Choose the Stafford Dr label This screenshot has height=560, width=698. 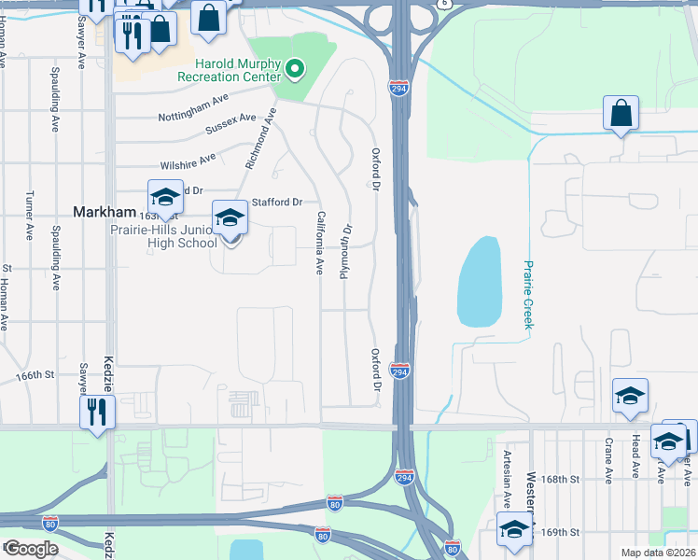(x=278, y=202)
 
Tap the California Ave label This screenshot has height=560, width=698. (x=320, y=243)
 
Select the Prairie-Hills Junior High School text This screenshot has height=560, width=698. (x=164, y=237)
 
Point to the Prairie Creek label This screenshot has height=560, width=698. (x=527, y=294)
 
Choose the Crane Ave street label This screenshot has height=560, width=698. (x=608, y=460)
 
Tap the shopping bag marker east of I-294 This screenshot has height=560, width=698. (x=620, y=115)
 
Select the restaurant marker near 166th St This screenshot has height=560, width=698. (x=97, y=412)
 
